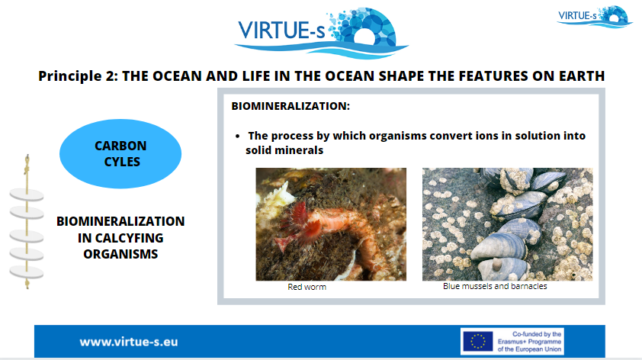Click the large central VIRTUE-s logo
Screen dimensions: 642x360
(321, 34)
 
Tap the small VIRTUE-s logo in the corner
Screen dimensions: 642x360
(595, 17)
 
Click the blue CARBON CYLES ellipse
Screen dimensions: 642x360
(120, 153)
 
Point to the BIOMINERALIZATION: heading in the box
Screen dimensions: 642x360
(291, 106)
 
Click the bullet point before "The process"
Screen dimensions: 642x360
(237, 136)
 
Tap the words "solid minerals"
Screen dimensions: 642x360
(284, 150)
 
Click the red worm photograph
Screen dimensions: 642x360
(331, 224)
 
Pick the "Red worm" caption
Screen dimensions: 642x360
(307, 287)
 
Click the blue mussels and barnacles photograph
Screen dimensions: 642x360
(507, 224)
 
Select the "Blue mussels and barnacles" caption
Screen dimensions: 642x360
(495, 286)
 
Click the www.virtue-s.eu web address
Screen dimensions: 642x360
(129, 342)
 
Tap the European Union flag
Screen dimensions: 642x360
(478, 341)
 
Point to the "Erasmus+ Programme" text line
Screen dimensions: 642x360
(529, 342)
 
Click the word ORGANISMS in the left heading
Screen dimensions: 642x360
(120, 254)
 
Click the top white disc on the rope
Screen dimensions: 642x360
(27, 194)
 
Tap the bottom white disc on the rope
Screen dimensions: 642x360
(27, 272)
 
